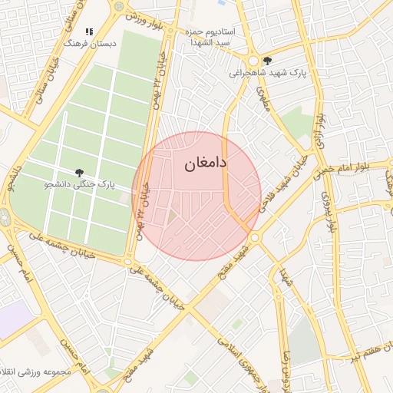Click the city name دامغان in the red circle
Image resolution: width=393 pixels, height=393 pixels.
click(206, 164)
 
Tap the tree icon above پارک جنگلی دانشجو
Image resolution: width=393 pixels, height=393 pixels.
click(79, 173)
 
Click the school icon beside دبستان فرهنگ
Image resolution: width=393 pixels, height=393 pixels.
click(89, 32)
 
